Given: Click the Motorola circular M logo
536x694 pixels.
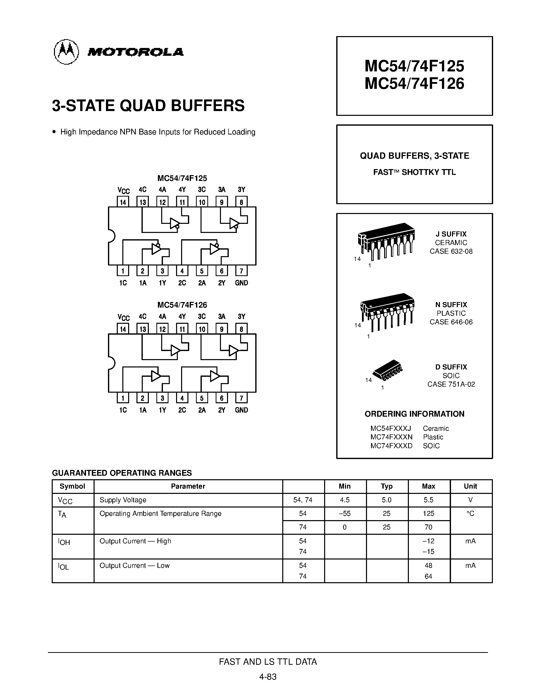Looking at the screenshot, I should coord(66,52).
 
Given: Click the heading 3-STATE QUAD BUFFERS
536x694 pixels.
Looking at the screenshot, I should coord(148,106).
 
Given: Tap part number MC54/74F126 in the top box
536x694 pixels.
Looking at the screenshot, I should coord(414,84).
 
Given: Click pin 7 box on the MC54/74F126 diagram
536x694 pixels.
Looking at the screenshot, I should coord(241,398).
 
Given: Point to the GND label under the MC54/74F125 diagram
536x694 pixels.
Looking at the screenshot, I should coord(241,283).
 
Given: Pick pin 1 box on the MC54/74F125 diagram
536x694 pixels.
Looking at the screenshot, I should coord(123,271).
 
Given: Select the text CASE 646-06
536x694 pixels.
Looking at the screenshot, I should coord(451,322).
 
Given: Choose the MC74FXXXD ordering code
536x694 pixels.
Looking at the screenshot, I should coord(391,446).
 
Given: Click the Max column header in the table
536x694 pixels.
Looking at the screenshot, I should coord(428,486).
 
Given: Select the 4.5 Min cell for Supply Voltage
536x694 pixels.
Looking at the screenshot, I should coord(345,500).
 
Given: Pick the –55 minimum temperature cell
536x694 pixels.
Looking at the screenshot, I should coord(345,514).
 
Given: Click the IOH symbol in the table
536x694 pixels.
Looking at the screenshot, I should coord(64,542).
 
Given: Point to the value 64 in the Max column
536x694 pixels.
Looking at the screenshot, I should coord(428,576).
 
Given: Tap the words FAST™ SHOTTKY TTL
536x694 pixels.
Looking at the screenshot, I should coord(414,172).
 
